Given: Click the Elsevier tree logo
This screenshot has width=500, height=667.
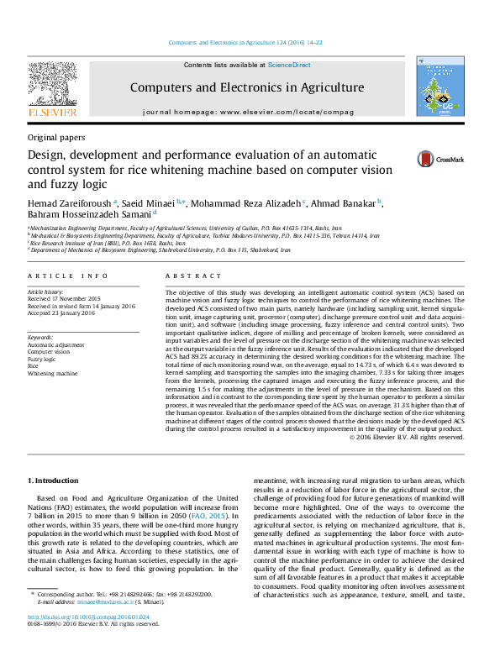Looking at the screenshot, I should click(53, 84).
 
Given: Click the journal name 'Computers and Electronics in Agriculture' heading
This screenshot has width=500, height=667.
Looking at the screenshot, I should click(247, 87).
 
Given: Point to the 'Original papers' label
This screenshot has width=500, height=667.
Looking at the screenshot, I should click(55, 137).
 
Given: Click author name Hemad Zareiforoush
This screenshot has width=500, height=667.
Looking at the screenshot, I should click(73, 203).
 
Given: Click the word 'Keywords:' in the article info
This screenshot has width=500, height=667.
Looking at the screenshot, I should click(42, 338).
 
